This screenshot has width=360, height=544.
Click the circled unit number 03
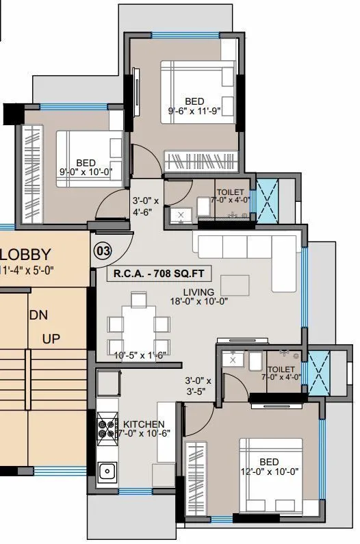pyautogui.click(x=103, y=251)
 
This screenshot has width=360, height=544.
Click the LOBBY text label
pyautogui.click(x=25, y=255)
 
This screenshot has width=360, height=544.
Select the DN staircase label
pyautogui.click(x=38, y=315)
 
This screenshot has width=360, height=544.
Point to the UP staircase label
pyautogui.click(x=52, y=339)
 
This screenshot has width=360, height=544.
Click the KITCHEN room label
pyautogui.click(x=144, y=424)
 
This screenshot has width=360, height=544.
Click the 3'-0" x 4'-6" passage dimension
pyautogui.click(x=145, y=206)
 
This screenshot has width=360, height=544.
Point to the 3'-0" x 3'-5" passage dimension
pyautogui.click(x=198, y=387)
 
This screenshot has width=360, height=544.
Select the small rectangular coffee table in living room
pyautogui.click(x=235, y=284)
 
